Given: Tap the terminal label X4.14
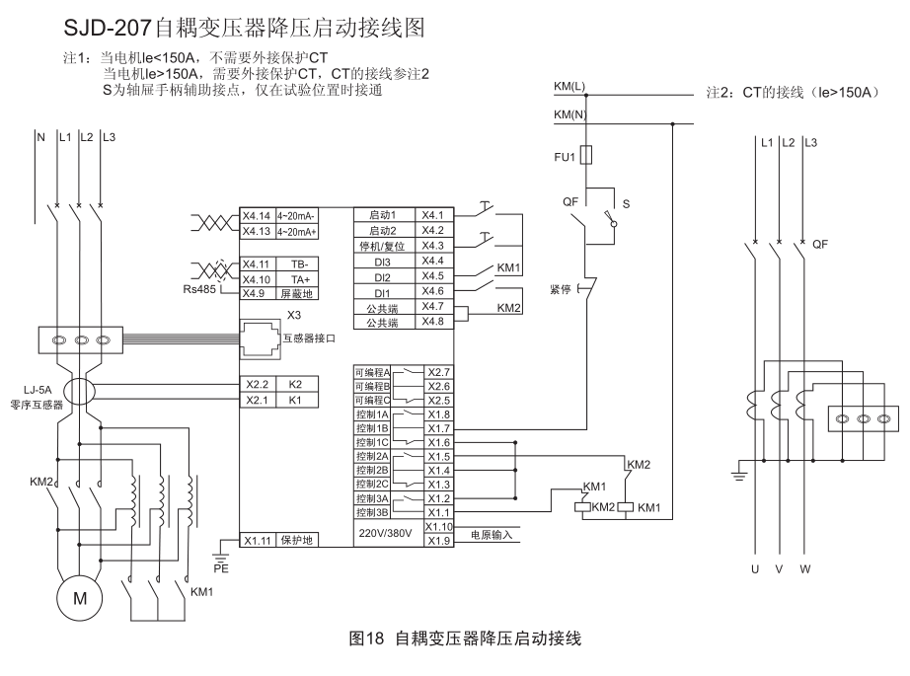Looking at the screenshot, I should [257, 215].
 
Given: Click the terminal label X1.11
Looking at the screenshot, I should [257, 541].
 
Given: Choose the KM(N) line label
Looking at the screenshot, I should [569, 115].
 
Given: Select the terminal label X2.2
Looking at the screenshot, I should [257, 383].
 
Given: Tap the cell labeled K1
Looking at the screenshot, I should [295, 400].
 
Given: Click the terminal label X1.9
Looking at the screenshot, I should [437, 541].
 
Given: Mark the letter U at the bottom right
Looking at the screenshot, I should [756, 569].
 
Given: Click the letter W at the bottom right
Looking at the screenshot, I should [805, 569].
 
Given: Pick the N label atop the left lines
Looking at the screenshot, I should [40, 137].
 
